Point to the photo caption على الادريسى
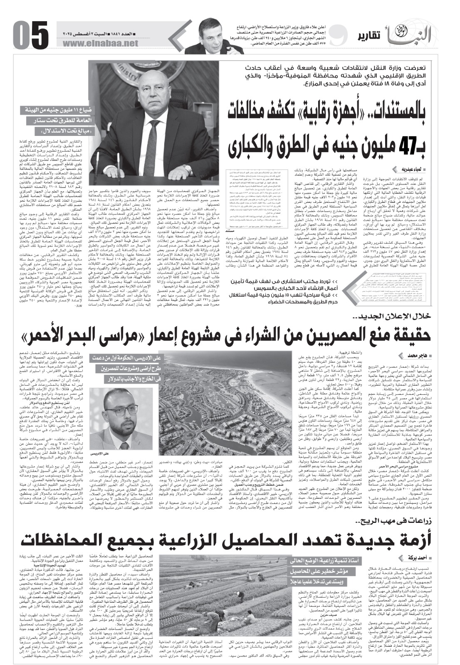coord(99,453)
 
